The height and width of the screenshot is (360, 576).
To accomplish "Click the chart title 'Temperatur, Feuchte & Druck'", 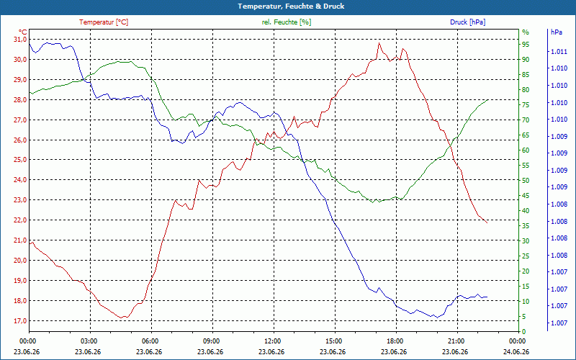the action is click(x=291, y=6).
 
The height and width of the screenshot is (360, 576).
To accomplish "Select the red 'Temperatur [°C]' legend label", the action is click(x=104, y=22).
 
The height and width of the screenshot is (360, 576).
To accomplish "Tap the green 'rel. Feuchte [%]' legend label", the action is click(x=287, y=22).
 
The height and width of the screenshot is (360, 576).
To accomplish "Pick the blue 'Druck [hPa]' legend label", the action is click(x=467, y=22).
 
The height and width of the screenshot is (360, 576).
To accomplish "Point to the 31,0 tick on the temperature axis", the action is click(x=20, y=40).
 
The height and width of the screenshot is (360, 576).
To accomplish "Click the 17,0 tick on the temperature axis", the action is click(x=20, y=320).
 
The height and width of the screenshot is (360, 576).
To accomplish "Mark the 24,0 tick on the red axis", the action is click(x=20, y=179).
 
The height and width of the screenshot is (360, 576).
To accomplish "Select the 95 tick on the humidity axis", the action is click(x=526, y=44).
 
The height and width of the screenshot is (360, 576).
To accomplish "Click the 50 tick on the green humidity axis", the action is click(x=526, y=181).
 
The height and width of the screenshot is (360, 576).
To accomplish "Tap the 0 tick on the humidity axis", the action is click(x=524, y=331).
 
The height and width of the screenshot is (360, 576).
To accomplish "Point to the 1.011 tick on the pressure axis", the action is click(x=559, y=52).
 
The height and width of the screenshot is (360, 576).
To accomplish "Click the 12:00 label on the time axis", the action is click(x=273, y=341).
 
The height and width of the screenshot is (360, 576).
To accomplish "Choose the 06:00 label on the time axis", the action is click(x=150, y=341).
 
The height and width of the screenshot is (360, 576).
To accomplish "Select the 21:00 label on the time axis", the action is click(x=456, y=341).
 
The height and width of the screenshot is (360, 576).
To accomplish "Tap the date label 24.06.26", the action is click(x=516, y=351).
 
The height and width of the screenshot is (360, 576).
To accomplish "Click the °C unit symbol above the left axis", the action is click(x=23, y=32).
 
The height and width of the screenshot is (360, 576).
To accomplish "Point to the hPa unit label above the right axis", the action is click(x=557, y=32).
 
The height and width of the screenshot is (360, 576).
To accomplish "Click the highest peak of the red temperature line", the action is click(x=379, y=43).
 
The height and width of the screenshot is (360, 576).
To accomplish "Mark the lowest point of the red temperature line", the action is click(x=121, y=318).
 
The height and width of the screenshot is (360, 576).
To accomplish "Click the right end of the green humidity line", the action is click(x=488, y=99).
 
